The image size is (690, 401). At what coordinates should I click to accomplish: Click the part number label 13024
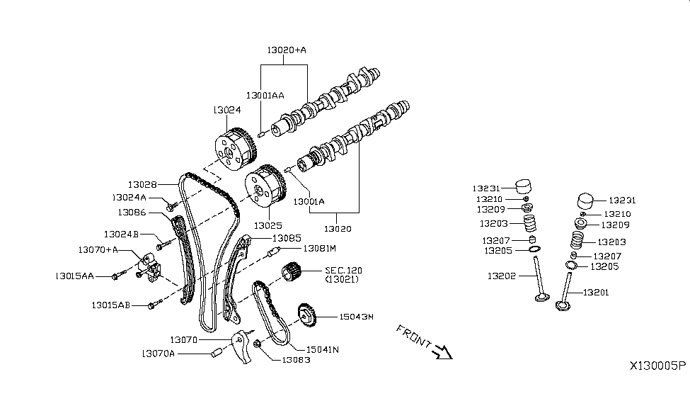pyautogui.click(x=226, y=111)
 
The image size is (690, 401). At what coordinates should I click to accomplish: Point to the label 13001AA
pyautogui.click(x=265, y=96)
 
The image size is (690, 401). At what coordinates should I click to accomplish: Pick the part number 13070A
pyautogui.click(x=158, y=353)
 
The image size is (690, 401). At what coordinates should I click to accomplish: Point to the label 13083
pyautogui.click(x=296, y=360)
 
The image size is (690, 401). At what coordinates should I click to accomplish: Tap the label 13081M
pyautogui.click(x=318, y=249)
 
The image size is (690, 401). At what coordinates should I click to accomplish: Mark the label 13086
pyautogui.click(x=132, y=211)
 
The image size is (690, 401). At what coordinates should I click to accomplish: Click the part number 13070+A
pyautogui.click(x=98, y=249)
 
